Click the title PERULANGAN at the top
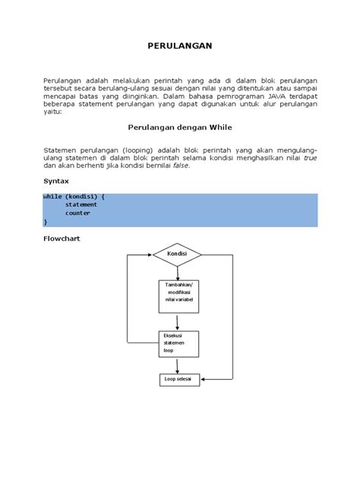(x=179, y=46)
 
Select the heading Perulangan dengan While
(x=179, y=129)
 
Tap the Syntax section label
(x=55, y=182)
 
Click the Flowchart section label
(x=62, y=238)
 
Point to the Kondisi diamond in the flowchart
(x=177, y=254)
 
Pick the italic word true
(x=310, y=158)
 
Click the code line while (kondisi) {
(x=74, y=196)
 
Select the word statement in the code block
(x=81, y=204)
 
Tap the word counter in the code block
(x=77, y=213)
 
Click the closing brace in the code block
(x=45, y=221)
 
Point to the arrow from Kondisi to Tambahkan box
(x=178, y=272)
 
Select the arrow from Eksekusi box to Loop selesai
(x=178, y=365)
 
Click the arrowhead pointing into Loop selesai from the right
(x=204, y=378)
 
